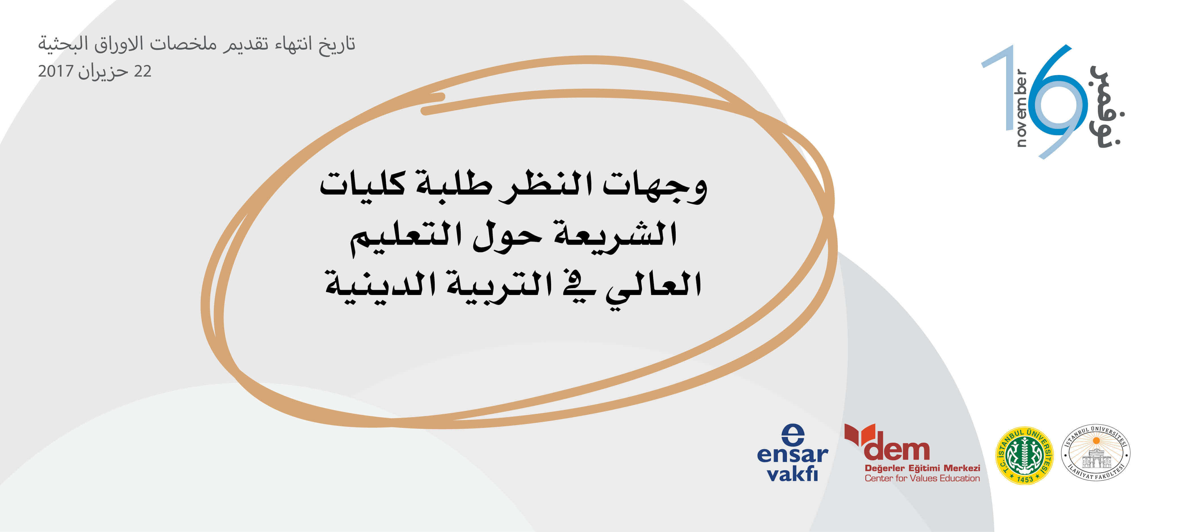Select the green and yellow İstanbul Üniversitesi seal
[x=1025, y=455]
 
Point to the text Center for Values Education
[x=922, y=478]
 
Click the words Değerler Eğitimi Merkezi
[x=922, y=468]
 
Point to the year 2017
[x=56, y=71]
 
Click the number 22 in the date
[x=142, y=71]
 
